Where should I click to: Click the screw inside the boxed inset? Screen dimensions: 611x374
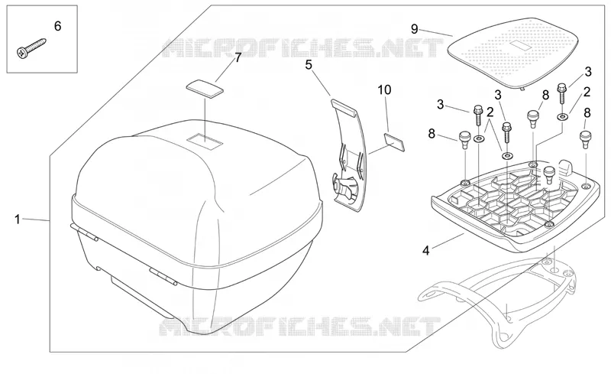click(31, 48)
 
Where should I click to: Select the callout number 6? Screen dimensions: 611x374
click(58, 26)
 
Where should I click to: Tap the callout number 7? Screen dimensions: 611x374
click(238, 57)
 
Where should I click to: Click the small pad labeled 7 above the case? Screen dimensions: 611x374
click(205, 87)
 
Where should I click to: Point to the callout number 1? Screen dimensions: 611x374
click(17, 219)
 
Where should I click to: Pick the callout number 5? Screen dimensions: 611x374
click(309, 65)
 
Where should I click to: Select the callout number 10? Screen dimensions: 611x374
click(384, 89)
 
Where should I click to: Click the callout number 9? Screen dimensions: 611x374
click(415, 29)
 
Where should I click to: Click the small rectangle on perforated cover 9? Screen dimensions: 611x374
click(518, 46)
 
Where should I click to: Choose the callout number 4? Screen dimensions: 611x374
click(426, 250)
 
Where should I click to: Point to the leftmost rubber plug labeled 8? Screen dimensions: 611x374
click(464, 139)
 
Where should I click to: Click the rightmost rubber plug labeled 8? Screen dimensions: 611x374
click(585, 139)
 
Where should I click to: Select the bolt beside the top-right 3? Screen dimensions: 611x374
click(562, 93)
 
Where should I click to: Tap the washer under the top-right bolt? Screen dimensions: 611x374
click(562, 116)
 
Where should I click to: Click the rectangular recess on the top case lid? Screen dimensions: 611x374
click(204, 141)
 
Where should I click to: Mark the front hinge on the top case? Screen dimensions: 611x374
click(163, 276)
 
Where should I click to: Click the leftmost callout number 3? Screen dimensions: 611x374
click(441, 105)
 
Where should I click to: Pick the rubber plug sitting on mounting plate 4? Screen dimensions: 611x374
click(549, 174)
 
